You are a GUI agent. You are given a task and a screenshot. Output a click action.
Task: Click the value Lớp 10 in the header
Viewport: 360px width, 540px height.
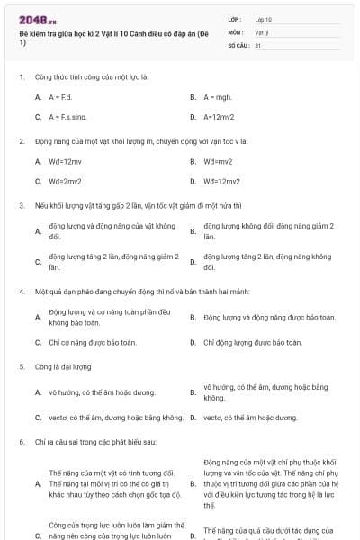[264, 19]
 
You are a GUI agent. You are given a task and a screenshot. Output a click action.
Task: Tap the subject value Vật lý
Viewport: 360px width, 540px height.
[262, 31]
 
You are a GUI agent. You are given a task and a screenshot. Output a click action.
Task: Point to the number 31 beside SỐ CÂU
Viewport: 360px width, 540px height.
[258, 44]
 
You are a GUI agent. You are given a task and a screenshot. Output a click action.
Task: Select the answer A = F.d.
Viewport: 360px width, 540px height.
[60, 96]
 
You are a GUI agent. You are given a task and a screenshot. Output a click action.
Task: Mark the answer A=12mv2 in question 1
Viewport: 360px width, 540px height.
[219, 117]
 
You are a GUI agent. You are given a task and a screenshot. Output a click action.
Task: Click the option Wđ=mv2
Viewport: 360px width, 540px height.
[218, 162]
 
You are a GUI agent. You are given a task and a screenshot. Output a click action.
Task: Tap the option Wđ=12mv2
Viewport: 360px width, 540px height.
[221, 182]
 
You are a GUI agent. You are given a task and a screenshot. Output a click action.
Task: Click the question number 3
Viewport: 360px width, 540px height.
[21, 205]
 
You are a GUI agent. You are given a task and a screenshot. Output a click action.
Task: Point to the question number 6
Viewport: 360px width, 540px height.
[21, 443]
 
